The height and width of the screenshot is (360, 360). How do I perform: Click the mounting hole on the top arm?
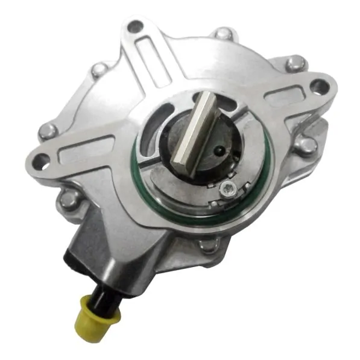click(x=136, y=26)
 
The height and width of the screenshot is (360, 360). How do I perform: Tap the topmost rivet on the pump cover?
click(x=225, y=33)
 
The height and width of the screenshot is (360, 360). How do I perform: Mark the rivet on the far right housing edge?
click(x=307, y=144)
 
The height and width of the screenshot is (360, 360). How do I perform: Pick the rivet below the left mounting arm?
click(x=68, y=200)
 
